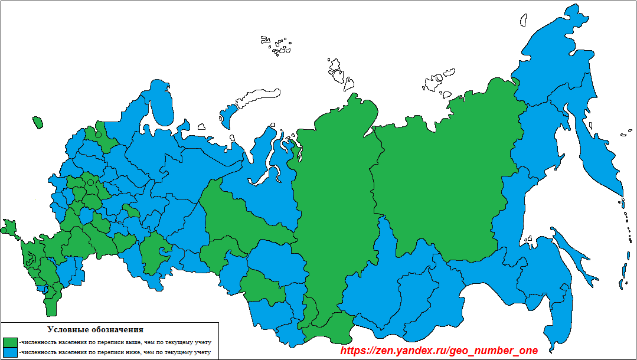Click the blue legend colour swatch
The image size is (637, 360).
point(11,352)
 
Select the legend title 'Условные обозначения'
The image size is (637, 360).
point(94,329)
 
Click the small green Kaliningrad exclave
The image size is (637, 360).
point(38,122)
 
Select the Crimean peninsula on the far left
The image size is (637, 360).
point(9,227)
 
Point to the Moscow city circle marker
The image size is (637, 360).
point(90,183)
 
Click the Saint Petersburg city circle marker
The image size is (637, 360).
point(99,135)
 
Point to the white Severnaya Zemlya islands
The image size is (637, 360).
point(337,71)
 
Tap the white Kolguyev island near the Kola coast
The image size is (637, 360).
point(201,126)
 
